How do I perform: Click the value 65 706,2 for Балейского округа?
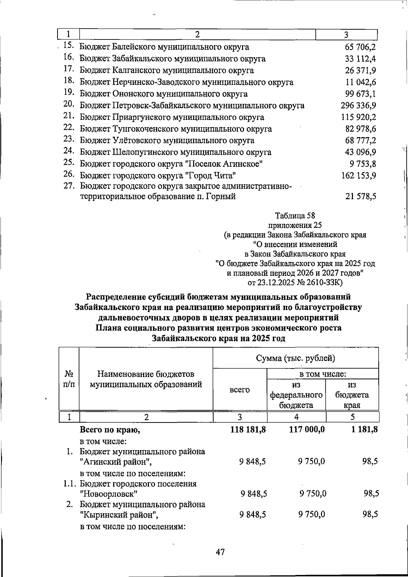click(x=360, y=47)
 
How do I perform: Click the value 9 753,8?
click(x=362, y=164)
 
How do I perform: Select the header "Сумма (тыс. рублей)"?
click(x=295, y=358)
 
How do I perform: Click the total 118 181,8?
click(x=248, y=430)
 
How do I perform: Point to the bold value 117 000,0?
click(x=307, y=430)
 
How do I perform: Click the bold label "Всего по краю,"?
click(x=110, y=430)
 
